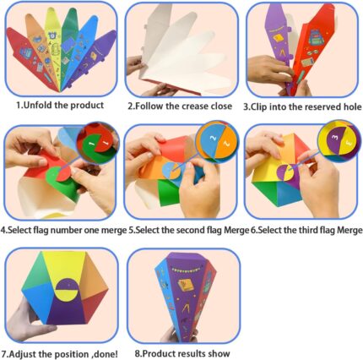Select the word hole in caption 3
coord(351,106)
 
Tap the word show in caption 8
coord(219,353)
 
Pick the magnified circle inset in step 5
coord(217,141)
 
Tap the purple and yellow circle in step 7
coord(67,289)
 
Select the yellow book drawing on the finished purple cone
coord(186,285)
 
